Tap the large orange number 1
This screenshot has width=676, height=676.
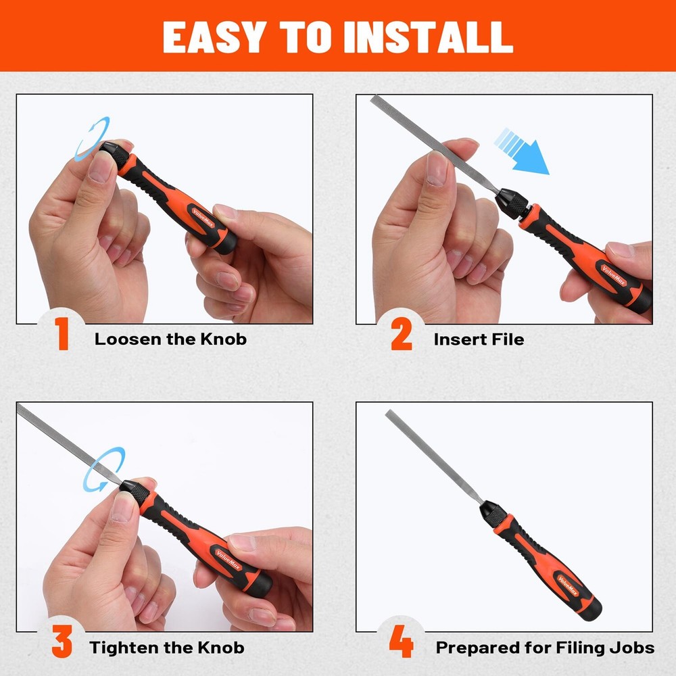pos(62,336)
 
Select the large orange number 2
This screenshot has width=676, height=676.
pos(402,336)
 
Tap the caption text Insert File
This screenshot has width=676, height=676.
pos(479,339)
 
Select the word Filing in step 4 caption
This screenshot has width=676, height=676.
pos(581,647)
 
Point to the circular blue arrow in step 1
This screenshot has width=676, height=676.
pos(93,139)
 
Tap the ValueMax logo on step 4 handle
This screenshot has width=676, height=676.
pos(566,580)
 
